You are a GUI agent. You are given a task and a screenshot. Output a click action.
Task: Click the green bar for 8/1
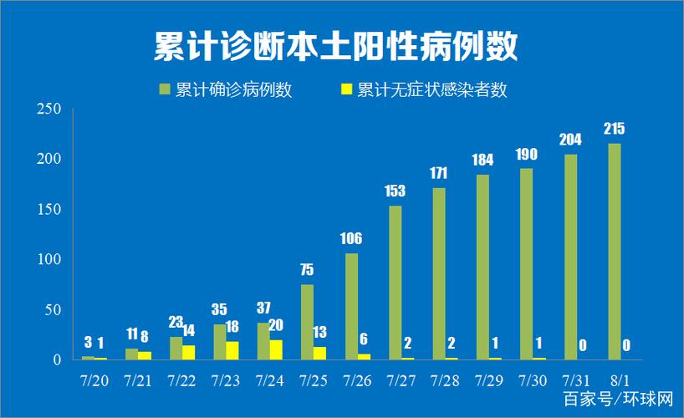click(x=615, y=252)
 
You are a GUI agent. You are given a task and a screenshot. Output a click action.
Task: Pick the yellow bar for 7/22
click(x=188, y=352)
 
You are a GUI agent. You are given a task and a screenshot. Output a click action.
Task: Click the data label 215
click(x=615, y=129)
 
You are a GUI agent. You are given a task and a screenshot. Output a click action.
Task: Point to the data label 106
click(x=352, y=239)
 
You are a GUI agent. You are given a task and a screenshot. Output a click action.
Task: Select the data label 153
click(x=396, y=191)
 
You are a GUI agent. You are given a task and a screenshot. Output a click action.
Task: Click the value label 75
click(x=308, y=269)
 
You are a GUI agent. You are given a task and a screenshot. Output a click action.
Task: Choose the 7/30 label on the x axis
click(x=533, y=380)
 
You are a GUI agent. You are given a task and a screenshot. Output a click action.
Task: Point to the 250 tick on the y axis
click(x=49, y=110)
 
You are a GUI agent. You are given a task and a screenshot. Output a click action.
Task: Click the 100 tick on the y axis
click(x=49, y=259)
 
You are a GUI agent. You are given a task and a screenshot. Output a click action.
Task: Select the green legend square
click(x=165, y=89)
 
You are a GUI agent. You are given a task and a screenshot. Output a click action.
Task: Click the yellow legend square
click(x=347, y=89)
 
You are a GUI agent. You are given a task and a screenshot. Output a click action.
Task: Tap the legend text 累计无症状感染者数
click(x=431, y=89)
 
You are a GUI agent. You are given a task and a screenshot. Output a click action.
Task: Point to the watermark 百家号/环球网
click(x=619, y=397)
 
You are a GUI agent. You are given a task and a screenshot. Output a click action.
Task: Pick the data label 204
click(x=570, y=140)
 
